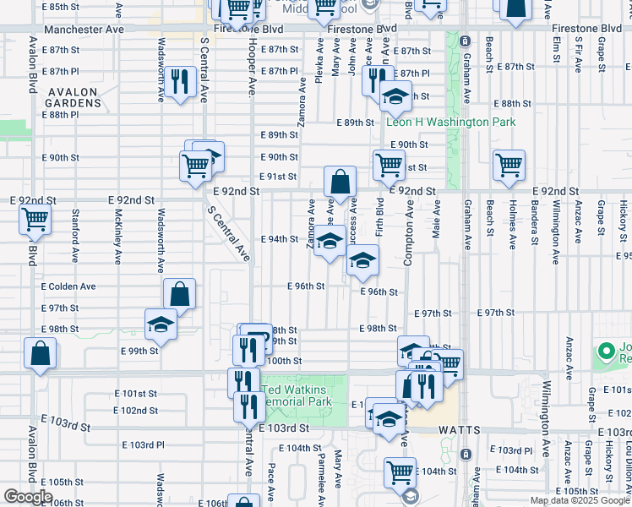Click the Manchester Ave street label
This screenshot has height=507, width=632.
click(84, 29)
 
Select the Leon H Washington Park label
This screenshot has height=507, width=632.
click(450, 123)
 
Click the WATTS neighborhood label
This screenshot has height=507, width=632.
click(460, 430)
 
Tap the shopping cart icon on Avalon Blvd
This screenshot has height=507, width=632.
click(36, 219)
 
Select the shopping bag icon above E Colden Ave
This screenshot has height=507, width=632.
click(180, 295)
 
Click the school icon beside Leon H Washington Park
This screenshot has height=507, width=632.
click(395, 96)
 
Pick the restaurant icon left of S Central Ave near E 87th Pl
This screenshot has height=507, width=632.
click(180, 82)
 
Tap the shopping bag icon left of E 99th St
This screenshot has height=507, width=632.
click(41, 354)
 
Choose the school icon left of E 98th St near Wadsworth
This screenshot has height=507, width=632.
click(160, 325)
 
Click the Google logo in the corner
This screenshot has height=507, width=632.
click(28, 497)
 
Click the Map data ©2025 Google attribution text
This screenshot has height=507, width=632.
click(580, 500)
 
